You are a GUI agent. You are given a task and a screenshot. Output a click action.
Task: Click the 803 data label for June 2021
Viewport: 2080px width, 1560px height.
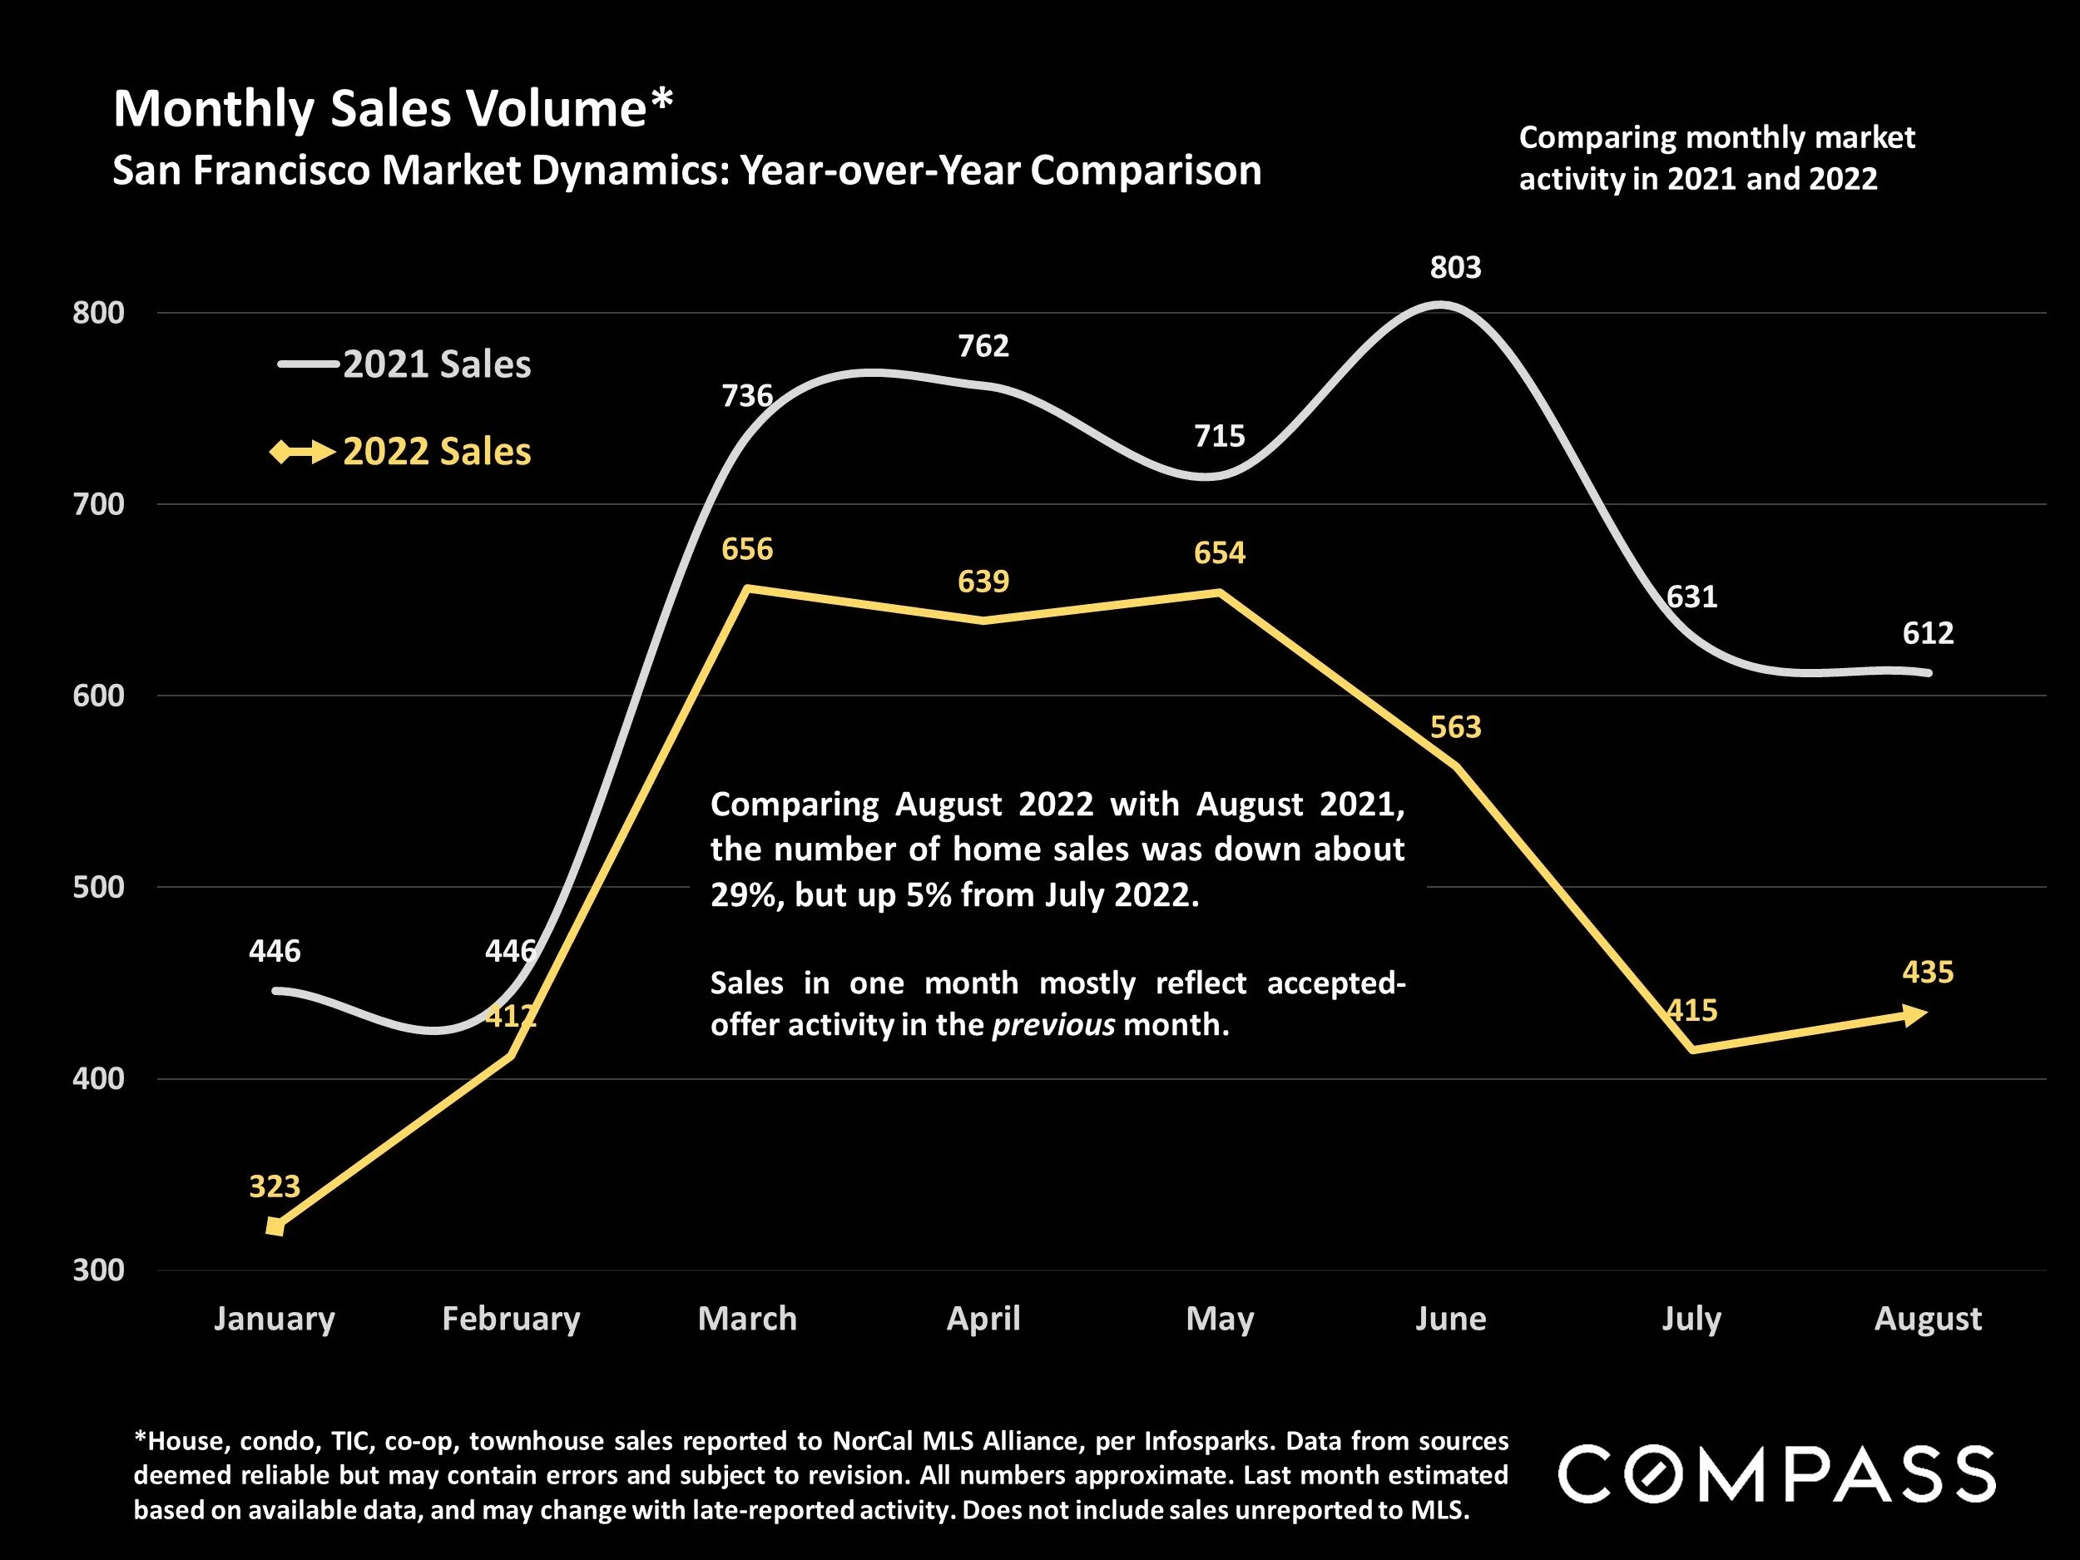1454,268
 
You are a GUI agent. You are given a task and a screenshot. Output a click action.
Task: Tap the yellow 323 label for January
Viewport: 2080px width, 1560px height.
275,1186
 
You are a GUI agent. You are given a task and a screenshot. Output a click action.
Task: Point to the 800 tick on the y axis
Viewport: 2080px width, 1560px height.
99,313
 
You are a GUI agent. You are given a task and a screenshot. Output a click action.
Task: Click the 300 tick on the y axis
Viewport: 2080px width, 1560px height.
99,1270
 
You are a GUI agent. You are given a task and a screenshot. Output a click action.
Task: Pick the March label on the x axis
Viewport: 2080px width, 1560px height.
748,1319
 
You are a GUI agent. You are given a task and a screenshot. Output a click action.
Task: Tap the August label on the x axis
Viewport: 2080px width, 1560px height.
1928,1319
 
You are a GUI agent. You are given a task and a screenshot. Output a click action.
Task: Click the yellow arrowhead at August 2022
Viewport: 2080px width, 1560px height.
1914,1014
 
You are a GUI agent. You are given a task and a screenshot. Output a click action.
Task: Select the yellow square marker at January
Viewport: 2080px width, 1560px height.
275,1226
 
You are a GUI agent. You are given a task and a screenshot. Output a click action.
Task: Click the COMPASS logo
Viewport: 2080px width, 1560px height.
1776,1474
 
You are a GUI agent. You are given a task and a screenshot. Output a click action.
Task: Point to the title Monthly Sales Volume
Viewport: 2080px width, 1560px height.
392,109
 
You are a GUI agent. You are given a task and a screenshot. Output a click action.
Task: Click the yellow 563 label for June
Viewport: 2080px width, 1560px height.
1454,727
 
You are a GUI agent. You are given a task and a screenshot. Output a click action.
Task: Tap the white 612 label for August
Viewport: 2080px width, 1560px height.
1928,633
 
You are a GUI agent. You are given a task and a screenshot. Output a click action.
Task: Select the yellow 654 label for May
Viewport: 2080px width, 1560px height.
1220,553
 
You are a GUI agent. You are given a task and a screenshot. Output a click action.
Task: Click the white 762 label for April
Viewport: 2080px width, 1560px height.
983,346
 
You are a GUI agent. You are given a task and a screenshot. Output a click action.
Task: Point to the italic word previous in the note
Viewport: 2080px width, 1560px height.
1053,1024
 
